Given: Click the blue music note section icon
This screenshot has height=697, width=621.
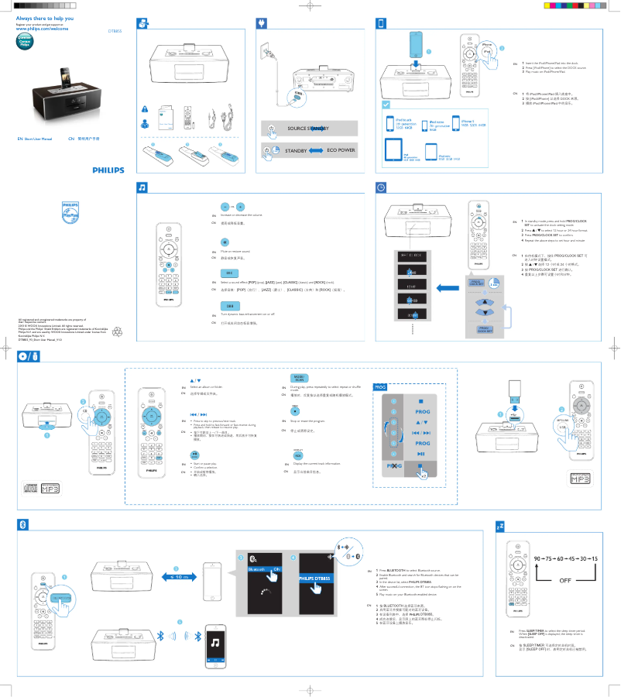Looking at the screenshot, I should pos(142,187).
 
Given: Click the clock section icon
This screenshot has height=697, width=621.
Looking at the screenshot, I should pos(381,187).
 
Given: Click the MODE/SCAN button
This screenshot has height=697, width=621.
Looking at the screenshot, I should pos(298,377).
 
